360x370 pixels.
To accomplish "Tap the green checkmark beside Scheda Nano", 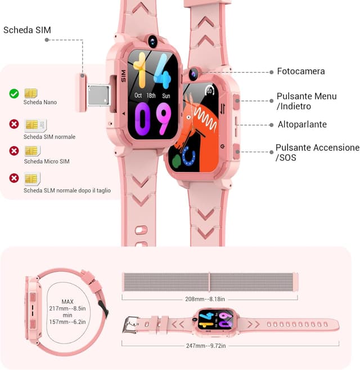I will (x=14, y=93).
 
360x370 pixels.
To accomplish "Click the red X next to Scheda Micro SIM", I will (x=14, y=151).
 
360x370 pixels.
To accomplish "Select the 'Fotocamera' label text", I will (x=301, y=72).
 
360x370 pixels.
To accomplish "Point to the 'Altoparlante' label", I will (x=302, y=124).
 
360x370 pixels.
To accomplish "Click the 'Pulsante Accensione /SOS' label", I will (x=317, y=153).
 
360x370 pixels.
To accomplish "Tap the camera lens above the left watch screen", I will (x=152, y=41).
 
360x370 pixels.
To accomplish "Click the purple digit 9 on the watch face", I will (x=163, y=118).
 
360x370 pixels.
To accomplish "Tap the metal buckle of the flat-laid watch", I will (x=132, y=325).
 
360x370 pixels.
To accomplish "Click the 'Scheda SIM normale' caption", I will (x=49, y=137).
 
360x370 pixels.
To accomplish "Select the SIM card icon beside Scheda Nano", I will (x=31, y=93).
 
